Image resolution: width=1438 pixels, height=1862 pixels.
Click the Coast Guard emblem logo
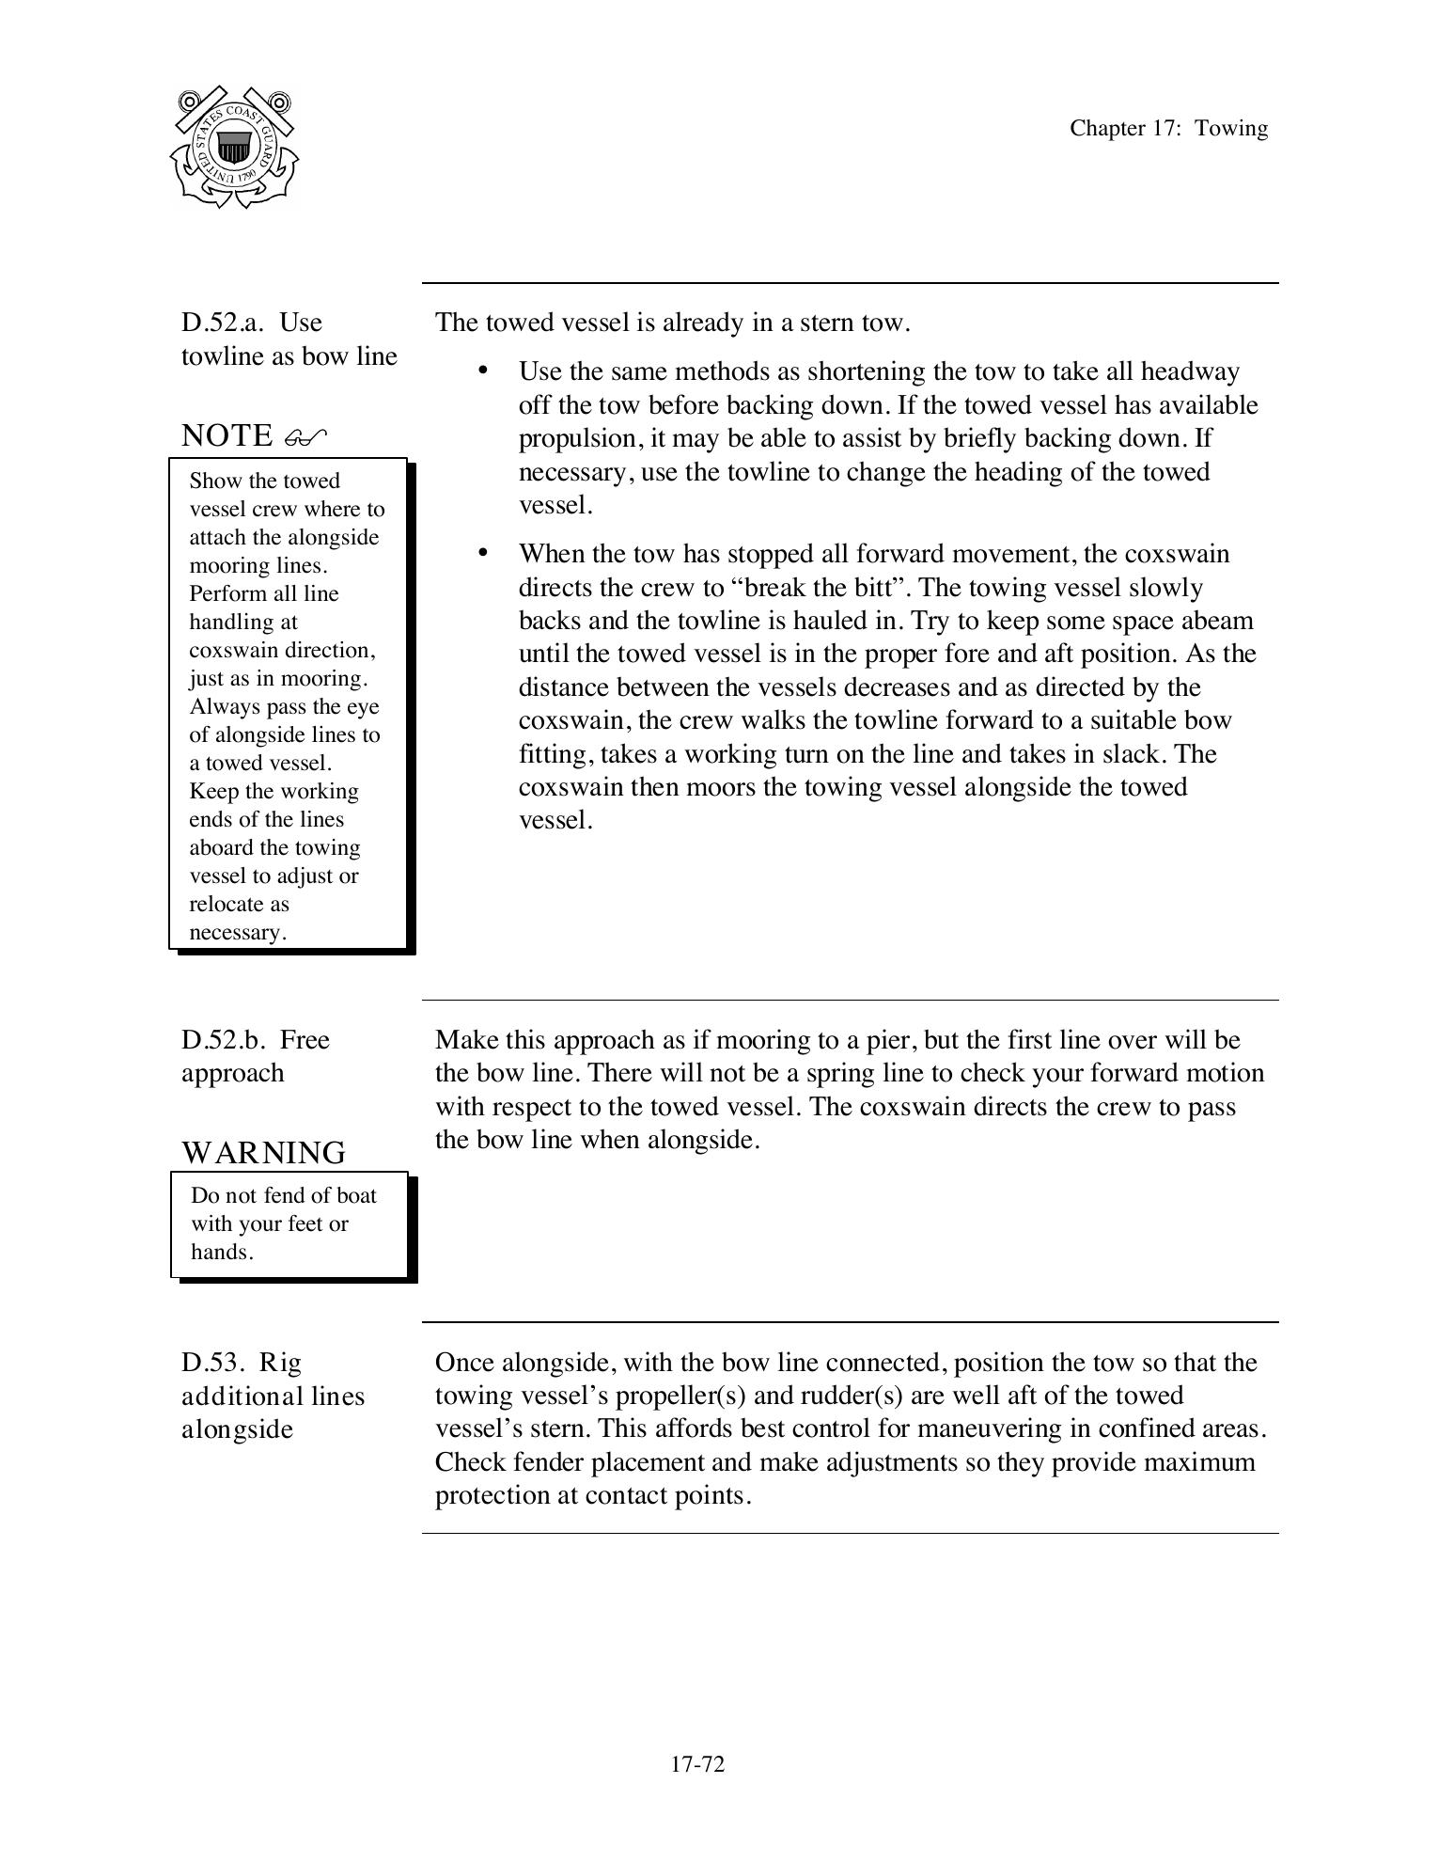234,148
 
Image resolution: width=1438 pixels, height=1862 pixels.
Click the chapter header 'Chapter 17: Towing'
1167,129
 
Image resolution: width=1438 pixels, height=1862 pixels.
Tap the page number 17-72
697,1763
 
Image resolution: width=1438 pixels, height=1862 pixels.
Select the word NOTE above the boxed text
227,435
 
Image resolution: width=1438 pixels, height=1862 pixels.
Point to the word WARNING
263,1152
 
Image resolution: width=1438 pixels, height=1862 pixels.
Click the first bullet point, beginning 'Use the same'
482,371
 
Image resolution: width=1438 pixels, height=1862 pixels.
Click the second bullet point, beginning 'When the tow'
482,553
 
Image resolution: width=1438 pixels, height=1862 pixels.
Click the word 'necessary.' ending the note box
237,932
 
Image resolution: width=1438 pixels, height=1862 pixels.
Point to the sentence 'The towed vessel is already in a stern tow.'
672,323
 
